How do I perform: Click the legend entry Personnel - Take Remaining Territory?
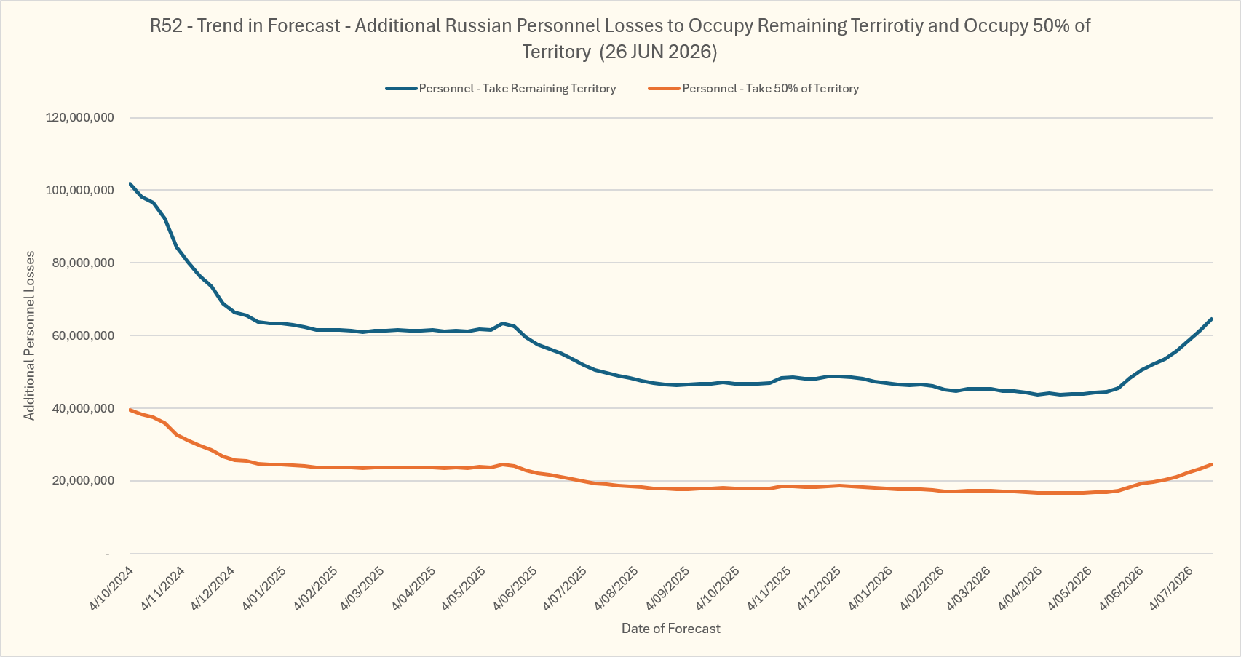coord(501,89)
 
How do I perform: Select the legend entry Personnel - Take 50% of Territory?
coord(753,89)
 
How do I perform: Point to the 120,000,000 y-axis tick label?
coord(80,117)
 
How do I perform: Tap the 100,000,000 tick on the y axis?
coord(80,190)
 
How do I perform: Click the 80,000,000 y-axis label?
coord(83,263)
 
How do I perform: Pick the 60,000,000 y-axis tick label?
coord(83,335)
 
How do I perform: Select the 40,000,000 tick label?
coord(83,408)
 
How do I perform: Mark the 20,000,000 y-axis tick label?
coord(83,481)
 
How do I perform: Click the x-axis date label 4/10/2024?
coord(111,589)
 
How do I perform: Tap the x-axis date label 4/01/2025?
coord(264,589)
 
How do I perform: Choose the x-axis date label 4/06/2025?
coord(515,589)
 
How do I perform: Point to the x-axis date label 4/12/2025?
coord(819,589)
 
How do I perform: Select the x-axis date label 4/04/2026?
coord(1020,589)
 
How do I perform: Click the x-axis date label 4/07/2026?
coord(1171,589)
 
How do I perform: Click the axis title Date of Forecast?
coord(671,628)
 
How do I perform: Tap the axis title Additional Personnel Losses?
coord(29,335)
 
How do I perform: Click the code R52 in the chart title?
coord(166,25)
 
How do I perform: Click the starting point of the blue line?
coord(130,183)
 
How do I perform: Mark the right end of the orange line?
coord(1212,464)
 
